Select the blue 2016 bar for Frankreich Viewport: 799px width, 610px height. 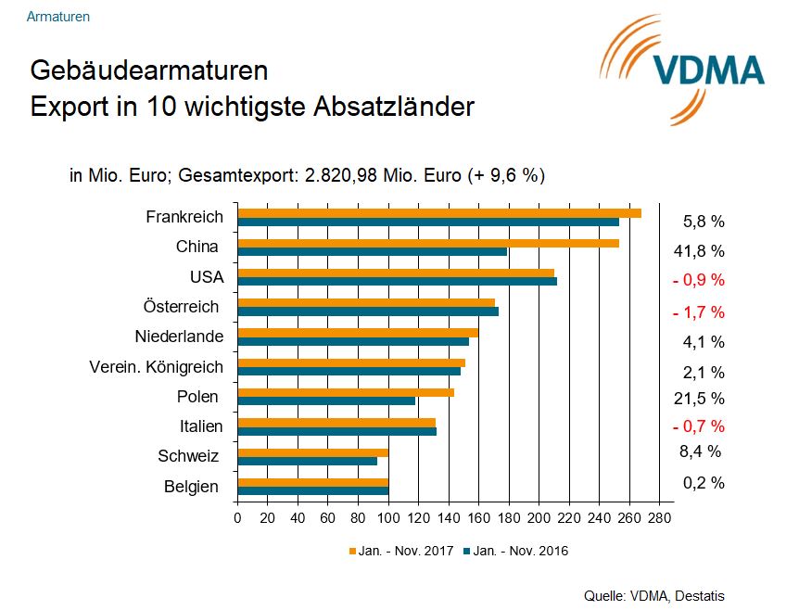428,222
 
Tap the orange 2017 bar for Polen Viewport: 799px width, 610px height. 346,392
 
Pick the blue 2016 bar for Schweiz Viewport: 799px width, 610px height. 308,461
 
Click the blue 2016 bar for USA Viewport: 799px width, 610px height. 398,281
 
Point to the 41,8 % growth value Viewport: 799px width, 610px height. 698,251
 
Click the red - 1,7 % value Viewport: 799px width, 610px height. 698,311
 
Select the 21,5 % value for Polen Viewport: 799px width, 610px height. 698,399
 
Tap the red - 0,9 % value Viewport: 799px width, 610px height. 698,280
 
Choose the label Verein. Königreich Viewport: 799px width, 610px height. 156,367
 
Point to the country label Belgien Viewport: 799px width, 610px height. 191,487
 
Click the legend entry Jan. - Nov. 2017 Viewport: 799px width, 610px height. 400,551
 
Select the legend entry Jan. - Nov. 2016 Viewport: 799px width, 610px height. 515,551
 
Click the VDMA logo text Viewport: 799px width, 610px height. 708,70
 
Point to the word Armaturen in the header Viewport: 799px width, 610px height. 58,17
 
